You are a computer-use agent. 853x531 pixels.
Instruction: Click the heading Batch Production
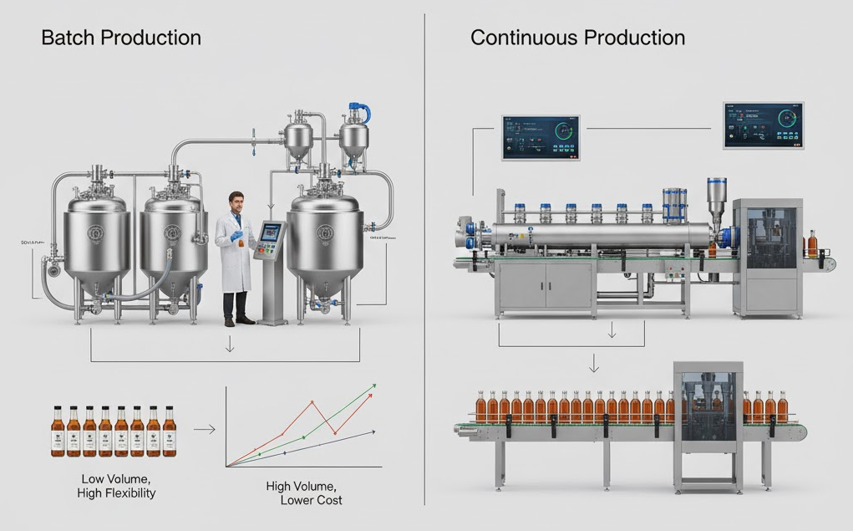pos(121,38)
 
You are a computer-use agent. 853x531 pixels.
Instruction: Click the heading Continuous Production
pos(577,38)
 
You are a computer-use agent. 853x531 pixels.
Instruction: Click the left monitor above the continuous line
pos(541,137)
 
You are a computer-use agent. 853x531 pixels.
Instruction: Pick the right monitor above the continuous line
pos(763,125)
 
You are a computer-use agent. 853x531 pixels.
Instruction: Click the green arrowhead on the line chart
pos(373,385)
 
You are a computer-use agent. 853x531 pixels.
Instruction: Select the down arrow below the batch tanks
pos(230,345)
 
